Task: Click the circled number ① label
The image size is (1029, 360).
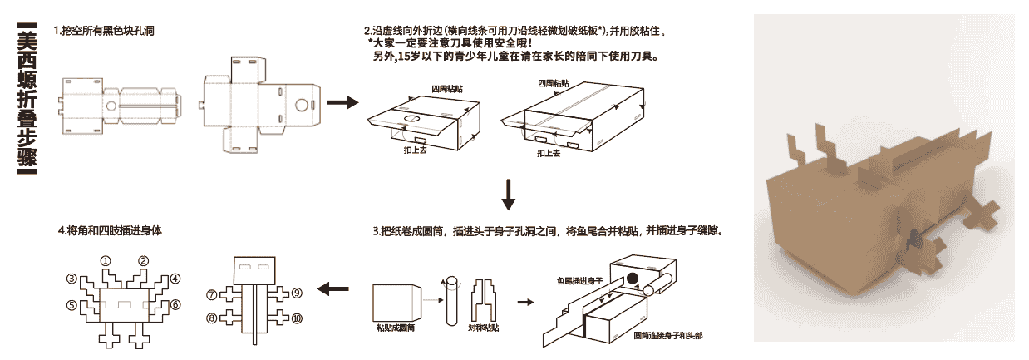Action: (x=106, y=260)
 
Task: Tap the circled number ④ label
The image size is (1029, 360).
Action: (x=175, y=279)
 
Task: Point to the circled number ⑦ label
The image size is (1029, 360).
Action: (x=211, y=294)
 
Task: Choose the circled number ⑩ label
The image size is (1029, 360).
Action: (x=297, y=318)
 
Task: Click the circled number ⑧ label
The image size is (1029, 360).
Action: (x=211, y=318)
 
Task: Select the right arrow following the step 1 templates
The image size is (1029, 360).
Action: (x=341, y=103)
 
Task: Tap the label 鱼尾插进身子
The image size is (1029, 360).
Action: (x=579, y=281)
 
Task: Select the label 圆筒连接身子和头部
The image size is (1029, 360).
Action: (x=667, y=336)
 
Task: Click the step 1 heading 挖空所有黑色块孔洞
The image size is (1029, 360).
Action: (x=104, y=31)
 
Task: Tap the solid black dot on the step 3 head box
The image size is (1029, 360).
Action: (x=633, y=279)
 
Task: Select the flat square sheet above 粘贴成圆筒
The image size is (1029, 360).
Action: (x=394, y=303)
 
